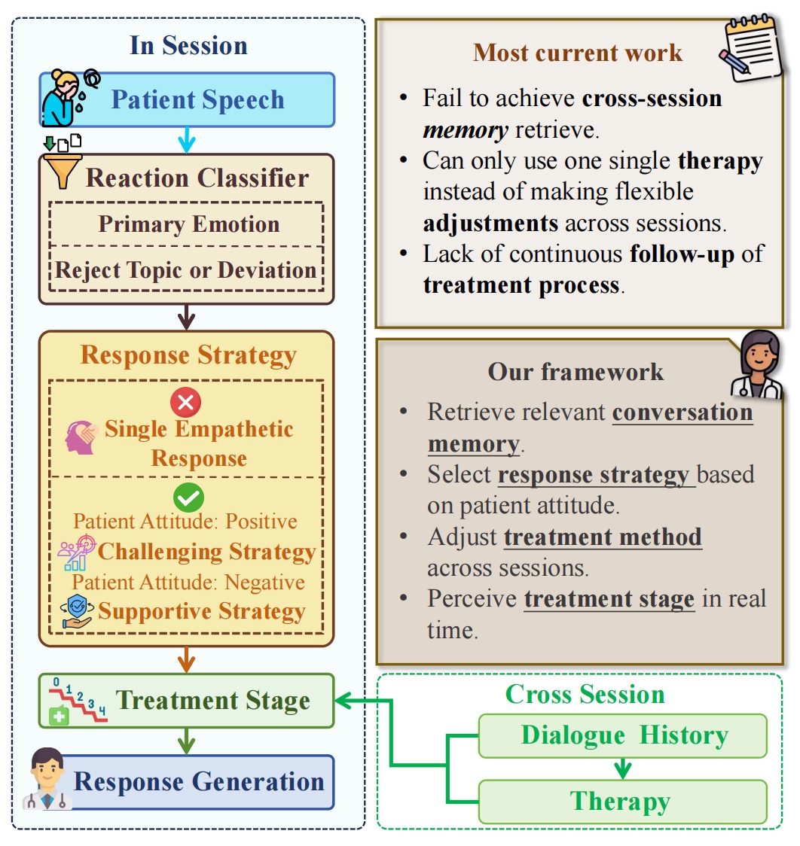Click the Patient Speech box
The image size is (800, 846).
pos(197,99)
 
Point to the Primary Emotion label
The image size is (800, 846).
pos(188,224)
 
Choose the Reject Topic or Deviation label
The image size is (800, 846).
pos(186,270)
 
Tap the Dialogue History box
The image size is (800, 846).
pos(623,735)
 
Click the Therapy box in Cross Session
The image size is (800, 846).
pos(621,801)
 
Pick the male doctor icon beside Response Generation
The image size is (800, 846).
pos(46,780)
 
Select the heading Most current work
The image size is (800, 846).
pos(577,53)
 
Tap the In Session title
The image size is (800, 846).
pos(188,45)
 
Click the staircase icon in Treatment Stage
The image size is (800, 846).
pos(78,700)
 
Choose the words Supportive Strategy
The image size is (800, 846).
pos(201,611)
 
